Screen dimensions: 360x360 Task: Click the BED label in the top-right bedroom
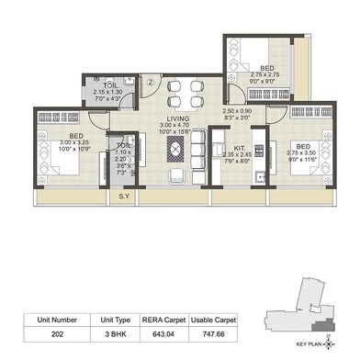(264, 68)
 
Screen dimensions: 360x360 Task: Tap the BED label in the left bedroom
(47, 134)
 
